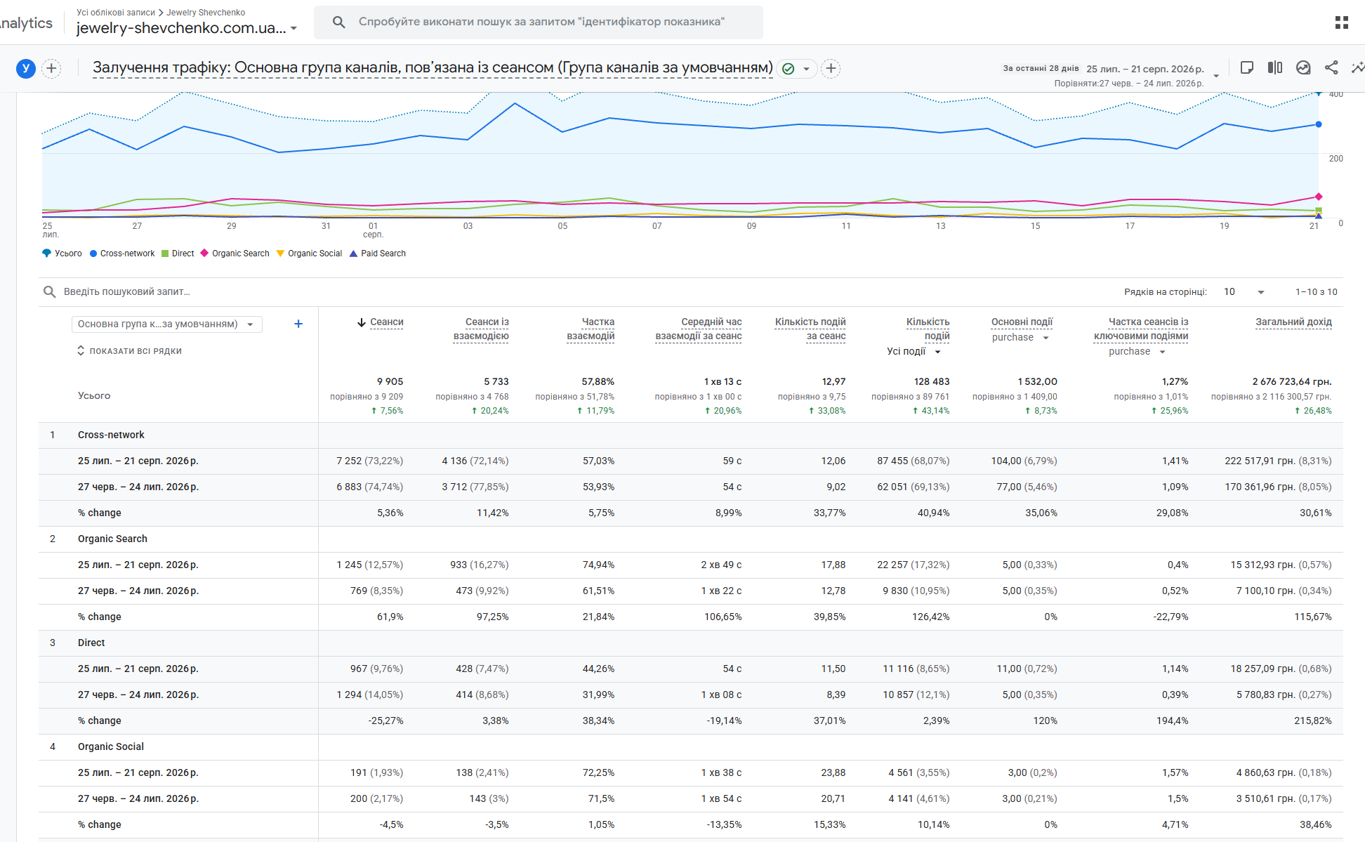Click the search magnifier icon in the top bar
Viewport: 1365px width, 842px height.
[x=338, y=22]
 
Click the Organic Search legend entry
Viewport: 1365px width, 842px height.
[x=235, y=254]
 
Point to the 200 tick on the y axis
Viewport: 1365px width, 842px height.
[x=1336, y=159]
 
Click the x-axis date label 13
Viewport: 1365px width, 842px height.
[x=941, y=226]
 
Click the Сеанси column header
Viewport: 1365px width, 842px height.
[x=386, y=322]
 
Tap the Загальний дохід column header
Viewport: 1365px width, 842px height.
[x=1293, y=322]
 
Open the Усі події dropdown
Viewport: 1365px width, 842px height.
[x=914, y=351]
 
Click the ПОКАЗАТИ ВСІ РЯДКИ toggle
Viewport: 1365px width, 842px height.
[x=129, y=351]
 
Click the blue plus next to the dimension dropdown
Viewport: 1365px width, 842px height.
[x=298, y=324]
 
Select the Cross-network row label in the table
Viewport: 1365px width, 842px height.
[x=111, y=435]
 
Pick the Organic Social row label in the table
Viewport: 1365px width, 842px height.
[x=111, y=747]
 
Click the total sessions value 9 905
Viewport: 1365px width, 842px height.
[x=390, y=382]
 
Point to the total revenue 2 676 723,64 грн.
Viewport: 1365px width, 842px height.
[x=1292, y=382]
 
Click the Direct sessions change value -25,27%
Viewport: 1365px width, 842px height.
[x=385, y=721]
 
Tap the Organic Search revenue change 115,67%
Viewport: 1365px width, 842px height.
[x=1313, y=617]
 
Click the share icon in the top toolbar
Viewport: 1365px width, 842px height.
[x=1331, y=67]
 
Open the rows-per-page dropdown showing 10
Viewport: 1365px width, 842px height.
[x=1244, y=292]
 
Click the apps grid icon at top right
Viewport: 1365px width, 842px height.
[x=1341, y=22]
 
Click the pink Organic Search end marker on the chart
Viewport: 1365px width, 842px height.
[x=1319, y=197]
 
